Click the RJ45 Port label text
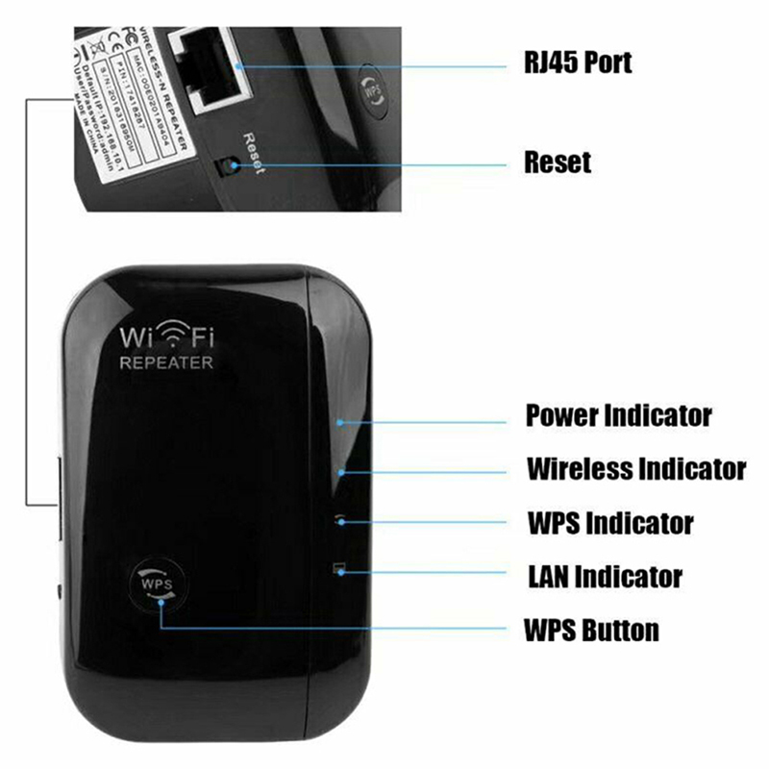577,63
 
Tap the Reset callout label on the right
558,161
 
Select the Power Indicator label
618,416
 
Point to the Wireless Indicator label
635,469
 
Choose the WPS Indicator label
609,523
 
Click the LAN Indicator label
605,577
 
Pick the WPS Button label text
591,631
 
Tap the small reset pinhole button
227,167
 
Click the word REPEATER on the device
165,363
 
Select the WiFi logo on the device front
166,339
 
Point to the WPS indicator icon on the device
339,519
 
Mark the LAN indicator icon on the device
338,569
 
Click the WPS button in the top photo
371,91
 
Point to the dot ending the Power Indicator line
341,421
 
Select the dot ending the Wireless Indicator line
342,471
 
